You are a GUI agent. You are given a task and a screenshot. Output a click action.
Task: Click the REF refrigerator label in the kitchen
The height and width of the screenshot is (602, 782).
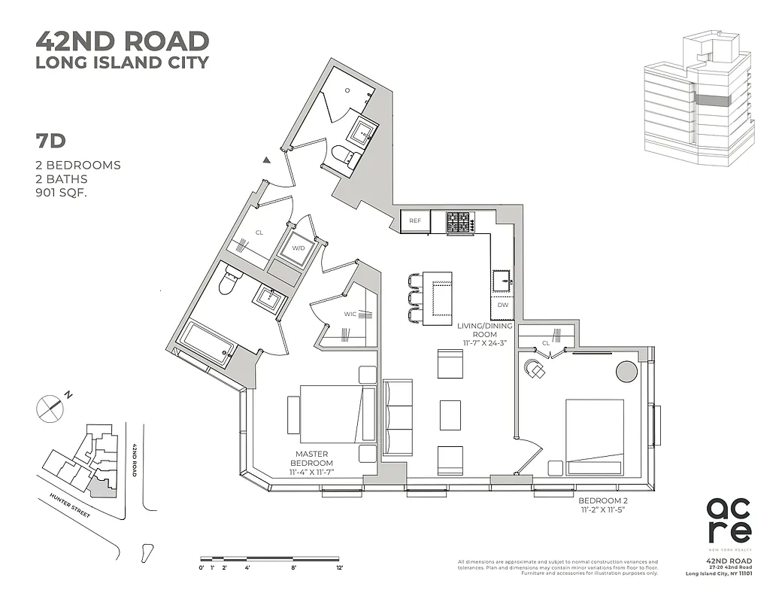[415, 221]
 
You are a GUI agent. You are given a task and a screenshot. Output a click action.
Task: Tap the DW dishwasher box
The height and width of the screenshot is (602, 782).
[503, 305]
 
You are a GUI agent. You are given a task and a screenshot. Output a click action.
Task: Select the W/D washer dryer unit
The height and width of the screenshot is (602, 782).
[299, 248]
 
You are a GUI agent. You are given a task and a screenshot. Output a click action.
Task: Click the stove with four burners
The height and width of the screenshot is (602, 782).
[459, 222]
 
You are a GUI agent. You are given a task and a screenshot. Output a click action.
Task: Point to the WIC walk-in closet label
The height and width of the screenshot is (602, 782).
[350, 314]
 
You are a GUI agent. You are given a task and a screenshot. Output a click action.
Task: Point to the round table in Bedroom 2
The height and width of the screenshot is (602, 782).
[626, 371]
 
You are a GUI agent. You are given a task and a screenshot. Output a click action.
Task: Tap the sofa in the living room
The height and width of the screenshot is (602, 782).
[398, 418]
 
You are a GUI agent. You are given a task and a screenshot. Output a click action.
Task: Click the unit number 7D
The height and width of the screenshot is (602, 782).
[50, 141]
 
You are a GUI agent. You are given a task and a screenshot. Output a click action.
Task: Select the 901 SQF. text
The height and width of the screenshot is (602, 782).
[65, 193]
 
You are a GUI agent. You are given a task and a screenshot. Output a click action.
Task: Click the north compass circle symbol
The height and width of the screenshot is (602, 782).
[48, 408]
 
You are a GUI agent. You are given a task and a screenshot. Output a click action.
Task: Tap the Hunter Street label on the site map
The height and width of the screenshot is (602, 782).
[69, 506]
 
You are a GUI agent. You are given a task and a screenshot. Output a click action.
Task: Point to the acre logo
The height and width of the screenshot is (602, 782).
[729, 520]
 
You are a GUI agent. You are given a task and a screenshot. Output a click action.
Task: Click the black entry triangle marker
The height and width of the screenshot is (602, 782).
[266, 160]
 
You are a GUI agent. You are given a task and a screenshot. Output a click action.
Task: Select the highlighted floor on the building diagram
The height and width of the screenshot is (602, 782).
[711, 101]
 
